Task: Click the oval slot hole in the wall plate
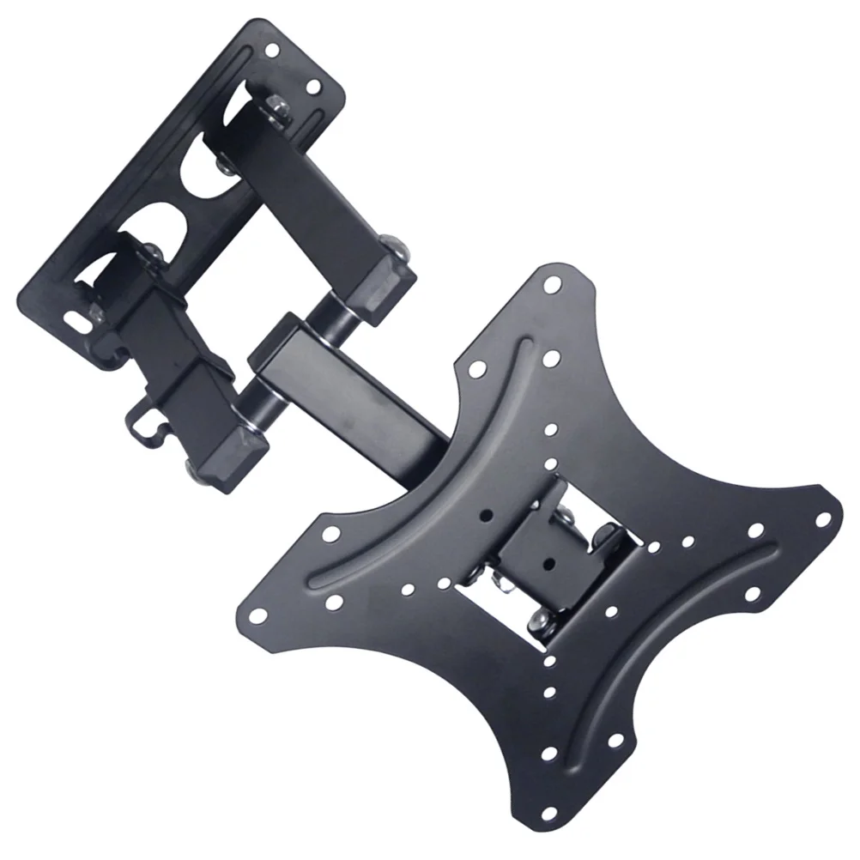point(76,318)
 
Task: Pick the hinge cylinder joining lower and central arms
point(257,404)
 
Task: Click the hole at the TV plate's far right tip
point(822,519)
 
